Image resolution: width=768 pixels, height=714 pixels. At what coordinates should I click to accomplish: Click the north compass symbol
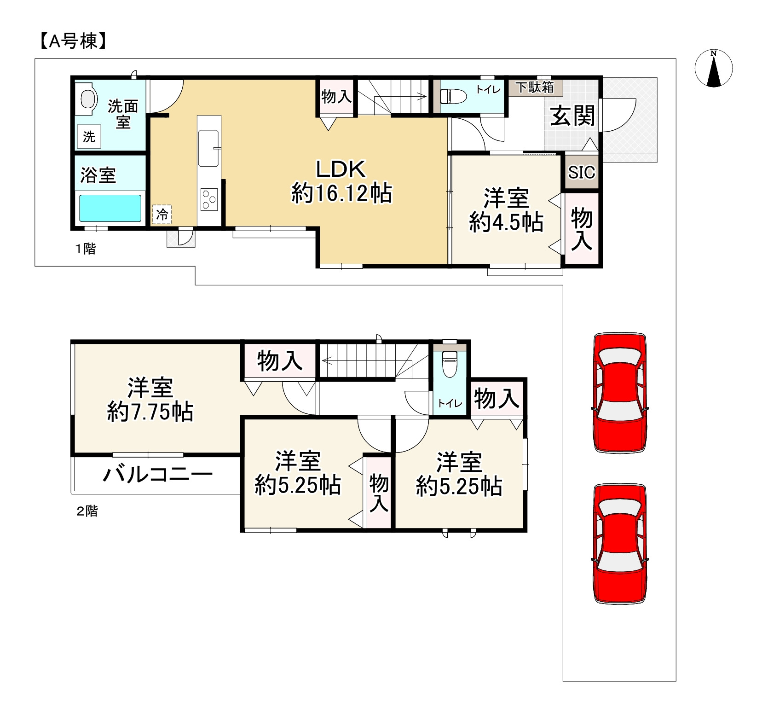coord(713,69)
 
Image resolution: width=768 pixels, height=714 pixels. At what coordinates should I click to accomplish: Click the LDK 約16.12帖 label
coord(341,181)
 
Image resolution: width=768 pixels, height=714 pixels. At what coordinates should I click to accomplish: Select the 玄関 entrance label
coord(573,116)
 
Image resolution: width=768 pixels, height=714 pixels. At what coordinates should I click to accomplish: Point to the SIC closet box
coord(582,173)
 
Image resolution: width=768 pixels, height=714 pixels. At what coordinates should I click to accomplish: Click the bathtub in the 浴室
coord(110,208)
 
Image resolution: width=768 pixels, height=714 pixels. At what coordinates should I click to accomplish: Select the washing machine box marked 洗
coord(89,136)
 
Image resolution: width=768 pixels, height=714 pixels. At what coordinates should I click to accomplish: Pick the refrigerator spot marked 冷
coord(162,214)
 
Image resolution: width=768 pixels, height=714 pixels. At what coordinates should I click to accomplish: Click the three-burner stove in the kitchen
coord(209,200)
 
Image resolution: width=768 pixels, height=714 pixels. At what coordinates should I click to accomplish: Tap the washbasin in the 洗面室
coord(88,98)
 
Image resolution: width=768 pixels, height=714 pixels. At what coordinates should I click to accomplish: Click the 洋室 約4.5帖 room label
coord(506,210)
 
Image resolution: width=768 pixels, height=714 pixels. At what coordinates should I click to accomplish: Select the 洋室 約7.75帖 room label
coord(150,399)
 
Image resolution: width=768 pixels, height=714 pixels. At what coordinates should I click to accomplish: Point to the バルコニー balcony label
coord(157,474)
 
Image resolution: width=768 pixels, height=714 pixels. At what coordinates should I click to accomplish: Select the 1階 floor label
coord(86,249)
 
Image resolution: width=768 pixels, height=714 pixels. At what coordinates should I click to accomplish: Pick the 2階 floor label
coord(87,511)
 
